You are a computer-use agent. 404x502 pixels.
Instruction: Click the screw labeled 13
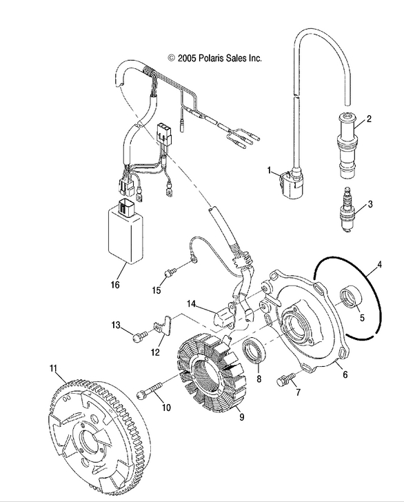coord(139,334)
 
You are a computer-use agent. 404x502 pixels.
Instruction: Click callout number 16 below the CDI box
coord(114,284)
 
